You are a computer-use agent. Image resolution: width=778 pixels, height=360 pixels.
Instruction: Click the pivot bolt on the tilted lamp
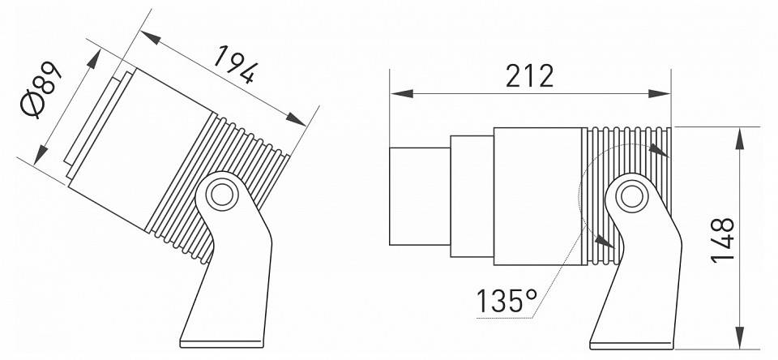[x=220, y=195]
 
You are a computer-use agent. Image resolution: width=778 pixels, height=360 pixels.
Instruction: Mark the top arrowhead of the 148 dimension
[x=738, y=136]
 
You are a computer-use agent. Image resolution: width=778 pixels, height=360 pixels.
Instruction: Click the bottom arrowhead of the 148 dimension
[x=738, y=338]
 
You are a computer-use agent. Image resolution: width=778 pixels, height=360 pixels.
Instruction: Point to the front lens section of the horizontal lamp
[x=420, y=195]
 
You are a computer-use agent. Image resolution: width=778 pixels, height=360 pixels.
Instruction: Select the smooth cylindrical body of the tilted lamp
[x=146, y=146]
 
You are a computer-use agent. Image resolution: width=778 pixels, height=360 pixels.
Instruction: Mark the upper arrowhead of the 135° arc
[x=660, y=151]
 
